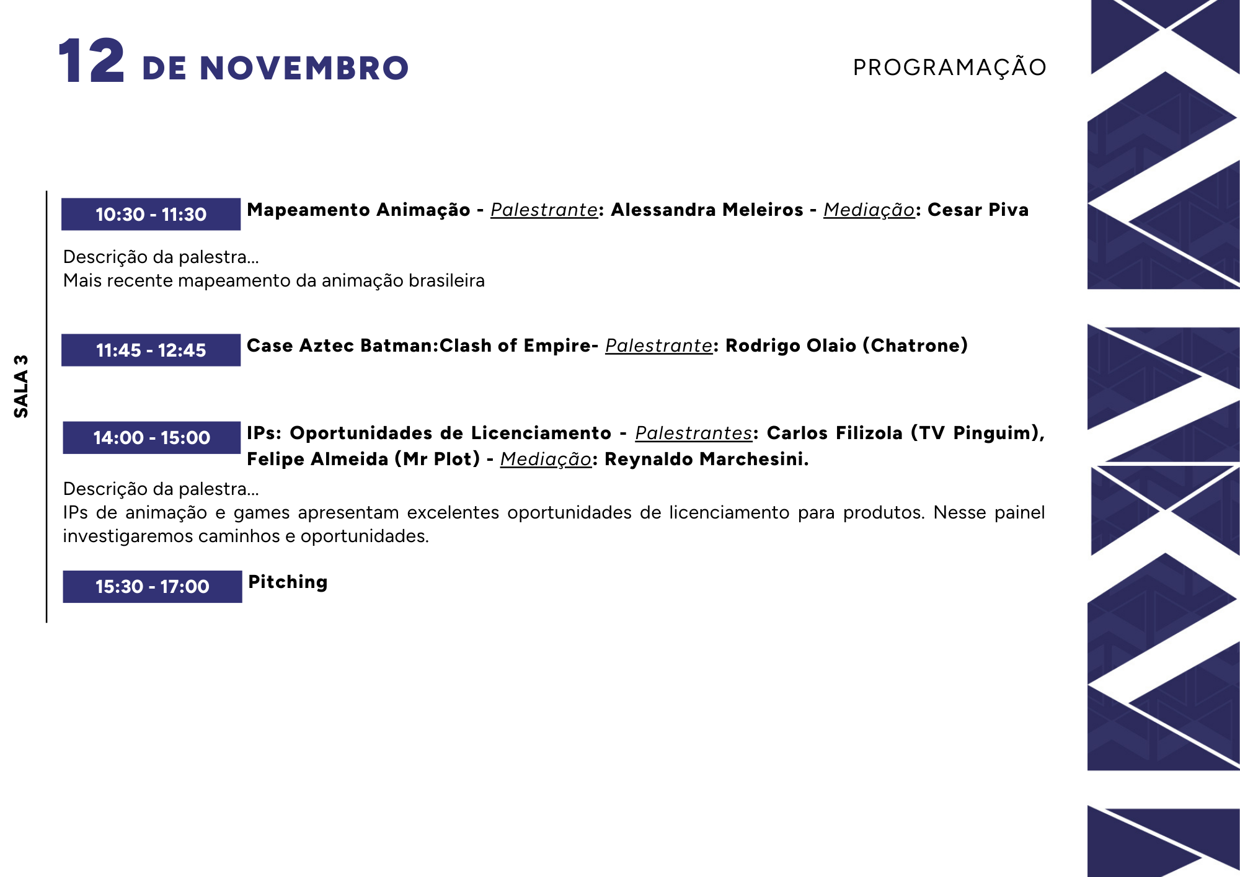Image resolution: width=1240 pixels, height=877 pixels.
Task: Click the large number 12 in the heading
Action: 92,61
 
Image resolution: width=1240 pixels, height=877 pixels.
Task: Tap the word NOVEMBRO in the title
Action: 304,68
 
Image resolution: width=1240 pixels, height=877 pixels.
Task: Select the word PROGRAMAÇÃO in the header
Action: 950,67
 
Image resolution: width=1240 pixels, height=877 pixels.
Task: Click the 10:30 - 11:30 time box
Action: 151,214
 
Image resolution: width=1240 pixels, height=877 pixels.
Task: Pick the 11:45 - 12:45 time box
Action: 151,350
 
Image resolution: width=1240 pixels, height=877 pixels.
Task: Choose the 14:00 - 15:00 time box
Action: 151,437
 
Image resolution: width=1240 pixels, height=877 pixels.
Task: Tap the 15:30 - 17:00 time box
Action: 152,586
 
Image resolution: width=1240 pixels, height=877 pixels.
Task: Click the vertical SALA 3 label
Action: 21,386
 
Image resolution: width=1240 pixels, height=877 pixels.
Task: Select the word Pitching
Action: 288,582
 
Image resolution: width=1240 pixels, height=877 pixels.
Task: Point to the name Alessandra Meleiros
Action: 707,210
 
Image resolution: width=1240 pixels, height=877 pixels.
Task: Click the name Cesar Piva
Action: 978,210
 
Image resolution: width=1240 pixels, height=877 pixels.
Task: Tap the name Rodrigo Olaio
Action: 790,345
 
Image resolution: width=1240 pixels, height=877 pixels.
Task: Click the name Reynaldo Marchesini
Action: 706,459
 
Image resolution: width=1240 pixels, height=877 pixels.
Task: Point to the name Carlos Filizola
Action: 835,433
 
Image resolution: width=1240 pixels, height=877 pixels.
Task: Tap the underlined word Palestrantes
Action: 693,433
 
